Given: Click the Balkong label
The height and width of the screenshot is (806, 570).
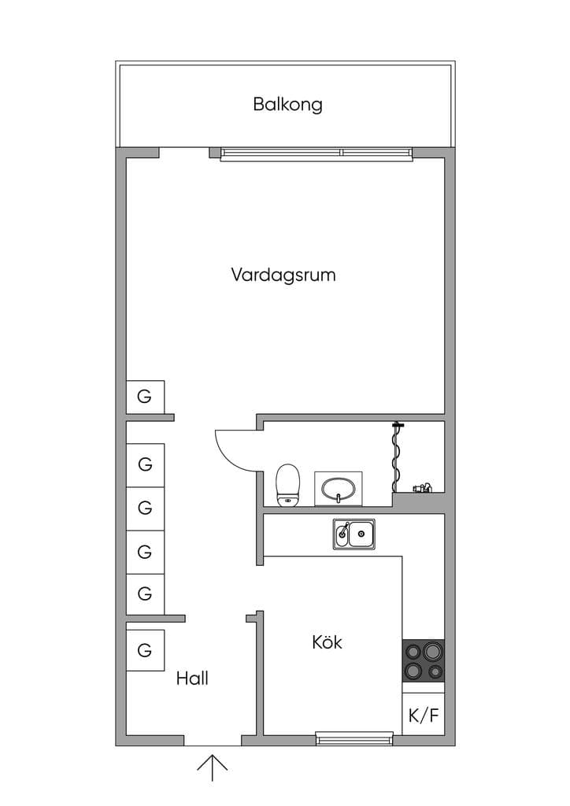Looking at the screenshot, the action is coord(288,105).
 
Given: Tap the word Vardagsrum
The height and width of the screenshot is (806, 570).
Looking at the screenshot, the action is coord(283,275).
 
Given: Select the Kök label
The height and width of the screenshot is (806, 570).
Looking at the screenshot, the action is coord(327,642).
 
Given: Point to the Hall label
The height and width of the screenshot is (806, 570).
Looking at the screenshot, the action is coord(192,678).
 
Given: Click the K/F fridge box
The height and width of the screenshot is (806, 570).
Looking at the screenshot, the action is coord(423,714).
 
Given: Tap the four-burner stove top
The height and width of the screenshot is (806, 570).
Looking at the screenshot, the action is coord(423,661).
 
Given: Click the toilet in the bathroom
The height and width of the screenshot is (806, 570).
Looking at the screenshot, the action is coord(288,485).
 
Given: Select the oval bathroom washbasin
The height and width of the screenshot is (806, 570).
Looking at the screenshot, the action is coord(339,489).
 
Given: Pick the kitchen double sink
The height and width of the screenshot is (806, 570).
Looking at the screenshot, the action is coord(353,534).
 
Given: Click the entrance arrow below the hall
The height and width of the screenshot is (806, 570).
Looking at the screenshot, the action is coord(213,768).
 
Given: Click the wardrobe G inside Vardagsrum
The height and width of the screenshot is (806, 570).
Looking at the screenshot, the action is coord(146,397).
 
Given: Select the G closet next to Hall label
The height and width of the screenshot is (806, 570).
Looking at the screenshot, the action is coord(146,650).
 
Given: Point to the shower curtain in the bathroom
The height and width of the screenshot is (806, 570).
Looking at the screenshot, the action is coord(397,457).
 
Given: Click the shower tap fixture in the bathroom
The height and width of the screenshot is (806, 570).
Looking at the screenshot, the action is coord(421,488).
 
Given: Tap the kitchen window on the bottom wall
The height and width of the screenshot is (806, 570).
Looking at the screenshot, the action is coord(353,739).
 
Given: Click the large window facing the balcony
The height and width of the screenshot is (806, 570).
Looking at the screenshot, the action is coord(316,153).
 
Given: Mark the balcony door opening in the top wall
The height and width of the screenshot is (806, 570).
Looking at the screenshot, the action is coord(184,153).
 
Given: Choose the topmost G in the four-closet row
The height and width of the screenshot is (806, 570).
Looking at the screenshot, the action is coord(146,465).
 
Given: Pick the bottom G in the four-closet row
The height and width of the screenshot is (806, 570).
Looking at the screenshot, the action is coord(146,593).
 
